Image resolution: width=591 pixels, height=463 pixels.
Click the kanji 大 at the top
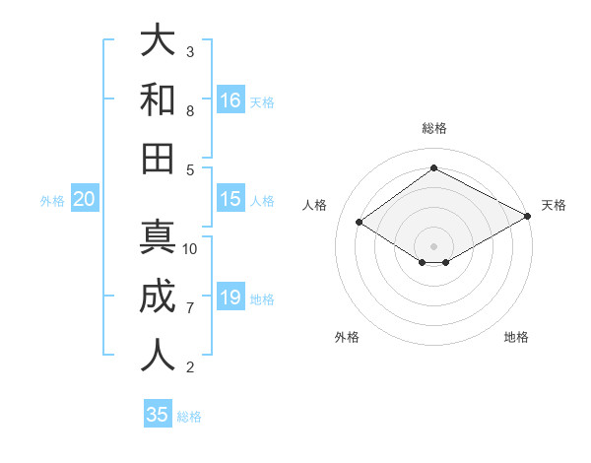[159, 40]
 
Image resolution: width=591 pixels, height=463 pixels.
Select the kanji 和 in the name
[159, 99]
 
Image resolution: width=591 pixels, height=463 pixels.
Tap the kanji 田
[159, 158]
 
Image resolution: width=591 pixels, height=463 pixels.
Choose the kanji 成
[159, 297]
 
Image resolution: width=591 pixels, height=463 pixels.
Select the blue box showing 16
[230, 100]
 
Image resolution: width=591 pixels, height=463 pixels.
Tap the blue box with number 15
[230, 199]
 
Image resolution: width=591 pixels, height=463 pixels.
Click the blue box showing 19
[230, 298]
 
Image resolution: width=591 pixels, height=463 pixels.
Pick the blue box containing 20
[84, 199]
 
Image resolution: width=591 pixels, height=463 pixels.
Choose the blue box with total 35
[158, 415]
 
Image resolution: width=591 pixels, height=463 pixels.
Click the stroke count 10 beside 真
[190, 249]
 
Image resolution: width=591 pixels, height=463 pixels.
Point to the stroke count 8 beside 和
[190, 110]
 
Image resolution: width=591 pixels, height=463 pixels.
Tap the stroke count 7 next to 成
[190, 308]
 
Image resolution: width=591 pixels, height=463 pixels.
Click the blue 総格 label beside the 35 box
[189, 417]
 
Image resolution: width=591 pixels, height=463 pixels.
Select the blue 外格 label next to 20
[52, 201]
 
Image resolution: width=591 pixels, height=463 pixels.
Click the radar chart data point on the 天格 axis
[529, 216]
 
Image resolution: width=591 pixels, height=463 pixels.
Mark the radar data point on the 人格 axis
[360, 223]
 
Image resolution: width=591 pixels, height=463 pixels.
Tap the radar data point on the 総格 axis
[433, 167]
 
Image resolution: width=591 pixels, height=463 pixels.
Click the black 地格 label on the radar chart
[516, 338]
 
